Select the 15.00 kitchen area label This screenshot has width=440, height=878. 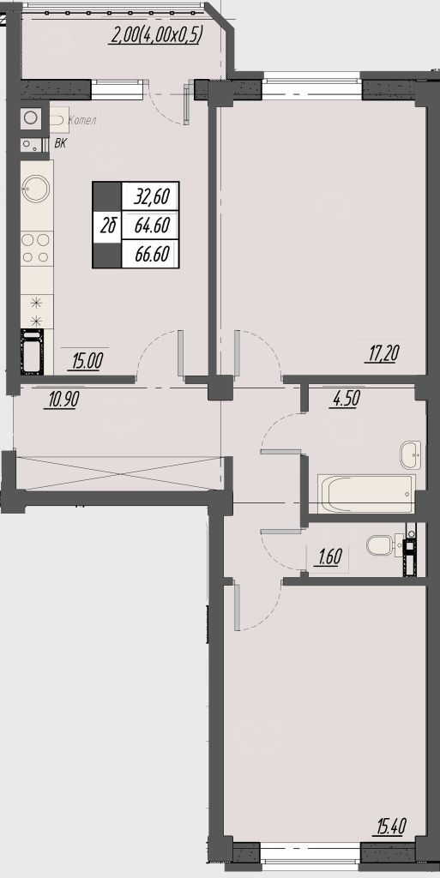tap(87, 361)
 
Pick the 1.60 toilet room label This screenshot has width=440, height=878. tap(329, 557)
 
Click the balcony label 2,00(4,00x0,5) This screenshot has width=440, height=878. tap(157, 36)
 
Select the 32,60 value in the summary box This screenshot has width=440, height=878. tap(152, 197)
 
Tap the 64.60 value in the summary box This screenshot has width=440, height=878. tap(152, 226)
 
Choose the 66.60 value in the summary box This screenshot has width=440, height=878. tap(152, 254)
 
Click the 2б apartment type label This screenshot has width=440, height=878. tap(109, 226)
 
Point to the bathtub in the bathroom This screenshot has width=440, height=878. tap(367, 493)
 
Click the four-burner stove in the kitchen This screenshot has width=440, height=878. tap(37, 249)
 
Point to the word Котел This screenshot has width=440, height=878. tap(81, 120)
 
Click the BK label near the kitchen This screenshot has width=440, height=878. tap(60, 144)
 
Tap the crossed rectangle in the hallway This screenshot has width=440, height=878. tap(120, 473)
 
